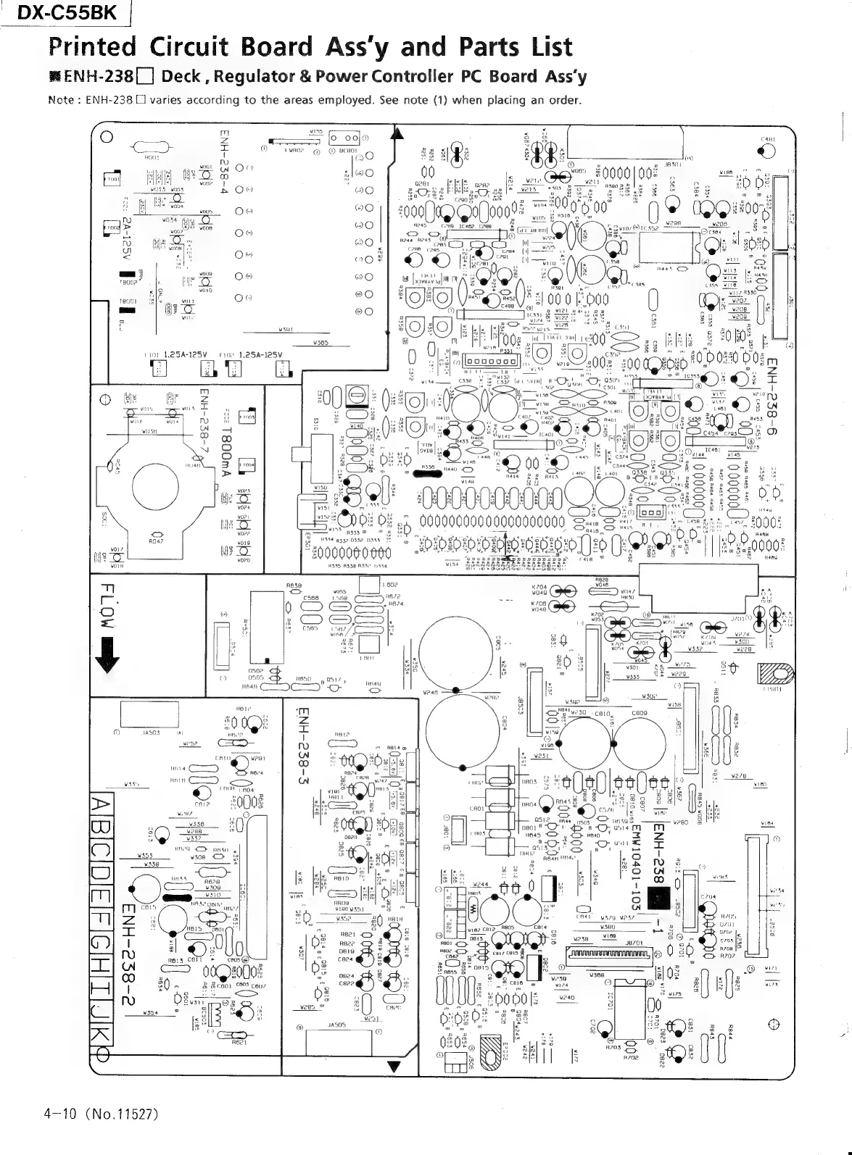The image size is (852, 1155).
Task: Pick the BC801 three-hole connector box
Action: (x=345, y=139)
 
